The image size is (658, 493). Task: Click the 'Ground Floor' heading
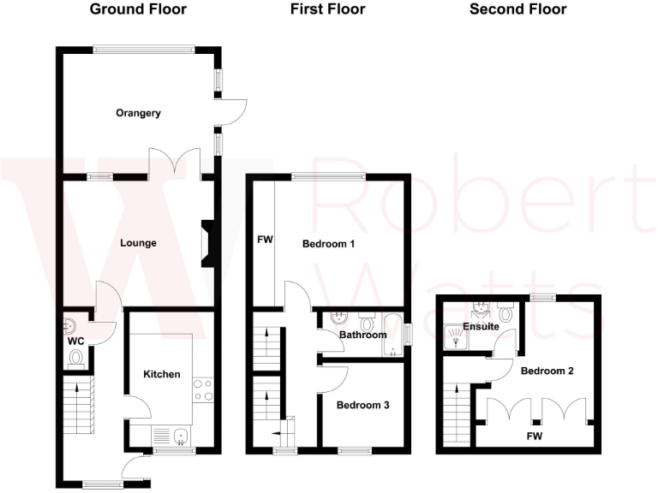(x=138, y=10)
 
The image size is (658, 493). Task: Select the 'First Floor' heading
(x=327, y=10)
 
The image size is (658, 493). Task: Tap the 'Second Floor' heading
(x=517, y=10)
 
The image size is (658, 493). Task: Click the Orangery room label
(x=138, y=113)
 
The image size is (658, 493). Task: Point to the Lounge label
(x=138, y=243)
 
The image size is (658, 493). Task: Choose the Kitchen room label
(x=161, y=375)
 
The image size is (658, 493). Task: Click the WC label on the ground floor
(x=75, y=340)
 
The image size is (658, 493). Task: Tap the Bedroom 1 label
(x=328, y=244)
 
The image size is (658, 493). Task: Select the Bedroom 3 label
(x=362, y=405)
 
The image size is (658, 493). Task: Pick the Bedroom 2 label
(x=547, y=371)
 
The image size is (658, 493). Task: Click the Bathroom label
(x=362, y=335)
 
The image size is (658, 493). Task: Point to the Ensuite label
(x=482, y=326)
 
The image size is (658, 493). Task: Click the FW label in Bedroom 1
(x=264, y=241)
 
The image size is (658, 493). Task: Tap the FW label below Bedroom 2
(x=534, y=436)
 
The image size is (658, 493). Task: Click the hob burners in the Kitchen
(x=202, y=390)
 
